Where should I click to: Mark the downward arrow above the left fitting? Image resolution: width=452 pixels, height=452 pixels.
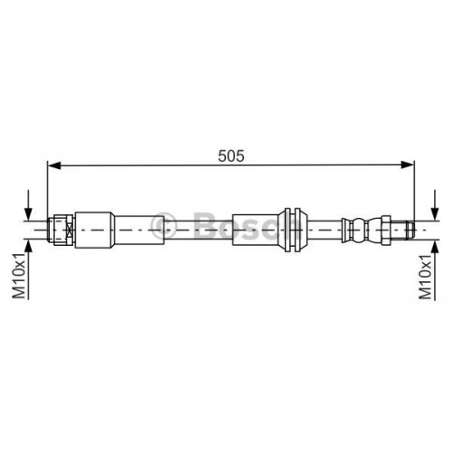point(31,206)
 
